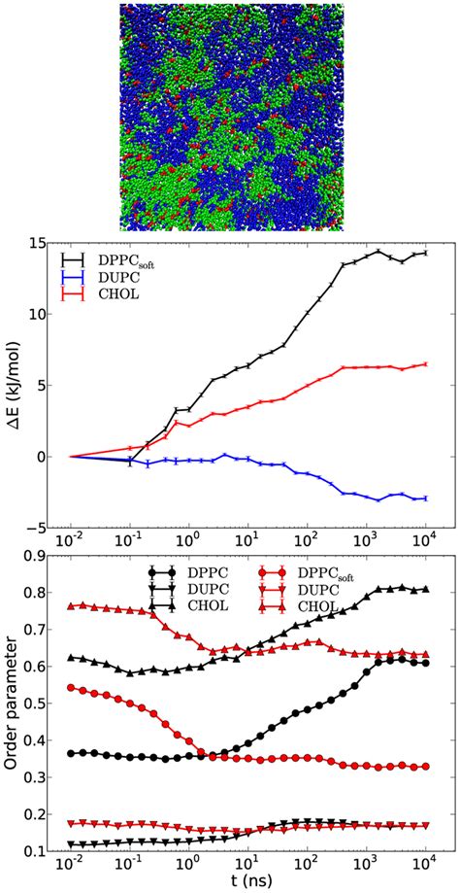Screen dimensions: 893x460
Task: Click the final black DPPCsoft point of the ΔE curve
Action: pyautogui.click(x=426, y=253)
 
